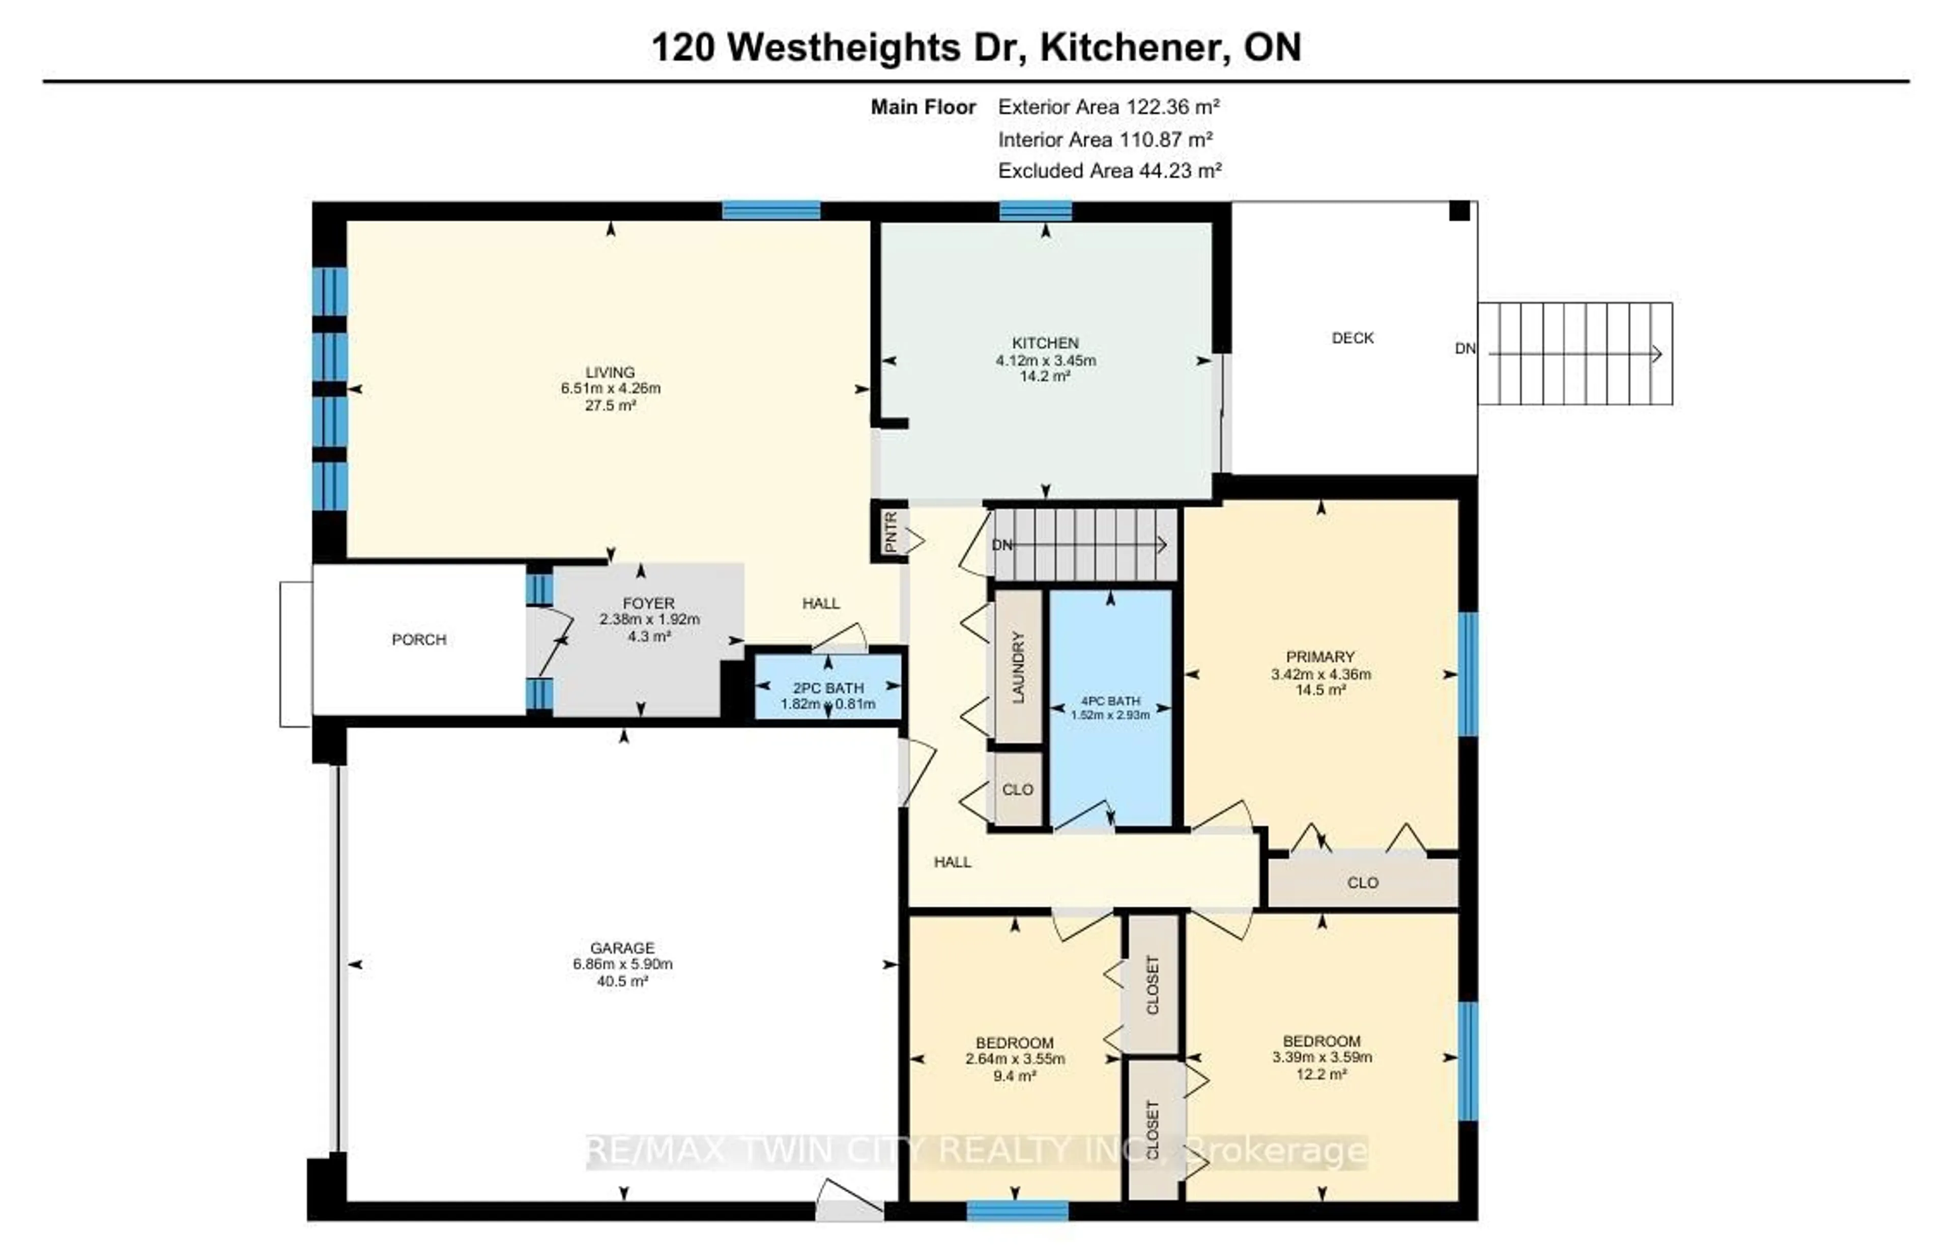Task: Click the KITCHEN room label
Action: pyautogui.click(x=1045, y=343)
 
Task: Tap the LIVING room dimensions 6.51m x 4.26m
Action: pyautogui.click(x=610, y=388)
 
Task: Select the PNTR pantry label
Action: pyautogui.click(x=890, y=532)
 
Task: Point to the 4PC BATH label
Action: pyautogui.click(x=1110, y=701)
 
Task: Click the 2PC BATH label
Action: pyautogui.click(x=827, y=688)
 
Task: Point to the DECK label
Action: pyautogui.click(x=1352, y=338)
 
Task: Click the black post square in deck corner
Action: pyautogui.click(x=1459, y=211)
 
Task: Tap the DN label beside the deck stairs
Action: pyautogui.click(x=1464, y=349)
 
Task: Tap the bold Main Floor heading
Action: pyautogui.click(x=923, y=107)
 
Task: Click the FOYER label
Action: pyautogui.click(x=649, y=603)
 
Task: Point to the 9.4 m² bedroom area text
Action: pyautogui.click(x=1014, y=1076)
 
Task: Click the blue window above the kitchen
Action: pyautogui.click(x=1036, y=211)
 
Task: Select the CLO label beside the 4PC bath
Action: pyautogui.click(x=1017, y=789)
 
